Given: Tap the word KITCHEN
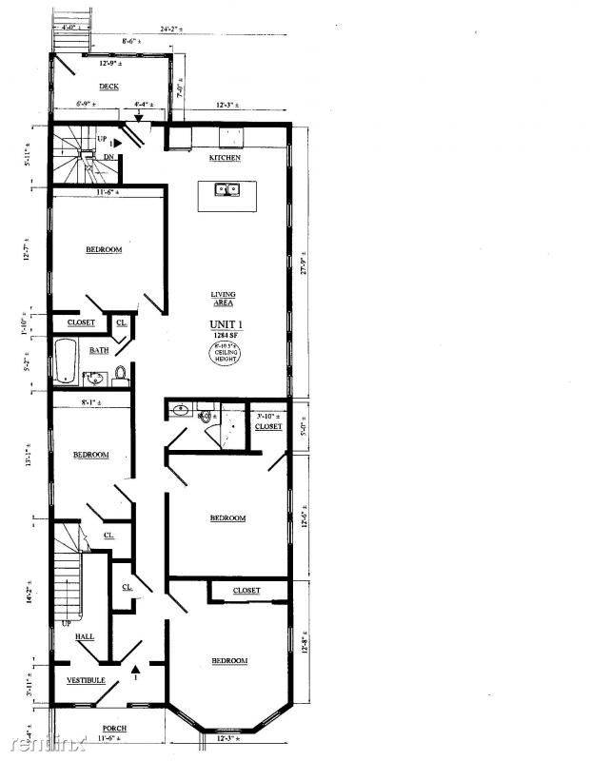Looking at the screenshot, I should coord(225,157).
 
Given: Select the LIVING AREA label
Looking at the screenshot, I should coord(224,298).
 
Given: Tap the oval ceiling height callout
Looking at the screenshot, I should coord(226,355).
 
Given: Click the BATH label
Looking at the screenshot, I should coord(99,350).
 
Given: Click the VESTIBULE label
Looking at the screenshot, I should coord(86,681).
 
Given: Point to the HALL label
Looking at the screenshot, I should coord(84,636).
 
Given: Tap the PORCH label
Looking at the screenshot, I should coord(114,729).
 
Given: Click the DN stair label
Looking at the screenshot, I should coord(109,157).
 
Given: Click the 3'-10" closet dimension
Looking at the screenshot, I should coord(267,417).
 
